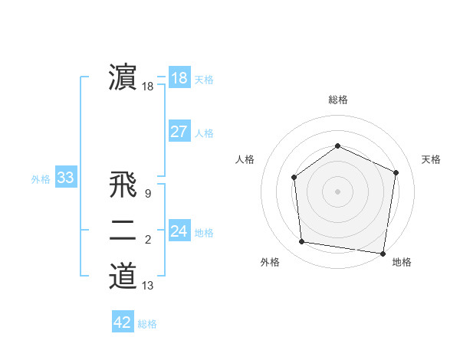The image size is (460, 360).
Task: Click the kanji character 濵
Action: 123,77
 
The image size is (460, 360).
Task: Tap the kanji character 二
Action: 123,231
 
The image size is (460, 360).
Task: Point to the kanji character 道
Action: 123,276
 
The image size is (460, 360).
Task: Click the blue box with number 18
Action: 179,77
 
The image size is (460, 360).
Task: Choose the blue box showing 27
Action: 179,131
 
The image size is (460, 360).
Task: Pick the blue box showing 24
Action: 179,231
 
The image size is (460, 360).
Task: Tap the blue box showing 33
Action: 65,178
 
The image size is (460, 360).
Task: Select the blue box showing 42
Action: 122,322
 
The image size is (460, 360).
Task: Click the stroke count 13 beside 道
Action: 147,286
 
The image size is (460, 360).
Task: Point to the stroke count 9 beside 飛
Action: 147,194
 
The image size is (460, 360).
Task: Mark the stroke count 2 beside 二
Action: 147,240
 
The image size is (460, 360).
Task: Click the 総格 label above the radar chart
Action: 337,100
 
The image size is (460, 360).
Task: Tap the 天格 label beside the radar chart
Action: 431,159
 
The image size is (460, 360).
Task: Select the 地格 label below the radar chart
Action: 402,262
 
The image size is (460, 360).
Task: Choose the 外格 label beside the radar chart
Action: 270,262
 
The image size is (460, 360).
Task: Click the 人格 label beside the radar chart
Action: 245,159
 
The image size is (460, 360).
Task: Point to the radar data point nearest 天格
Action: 396,172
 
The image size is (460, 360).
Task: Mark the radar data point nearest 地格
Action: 383,253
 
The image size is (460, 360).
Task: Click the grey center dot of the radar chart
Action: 337,191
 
